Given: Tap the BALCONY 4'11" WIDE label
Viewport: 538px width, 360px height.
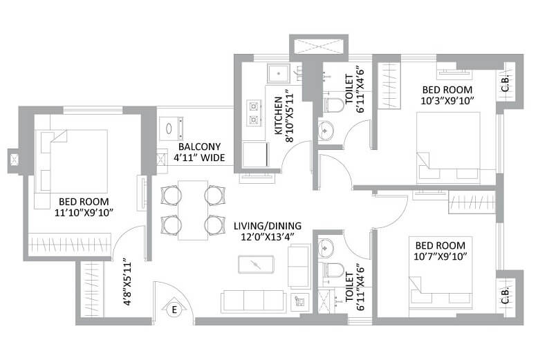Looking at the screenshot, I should click(199, 153).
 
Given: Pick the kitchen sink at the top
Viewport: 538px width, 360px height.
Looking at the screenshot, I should click(279, 72).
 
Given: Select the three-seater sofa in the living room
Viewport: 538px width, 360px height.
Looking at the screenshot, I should click(253, 301).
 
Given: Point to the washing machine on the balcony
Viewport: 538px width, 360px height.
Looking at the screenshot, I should click(171, 129).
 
